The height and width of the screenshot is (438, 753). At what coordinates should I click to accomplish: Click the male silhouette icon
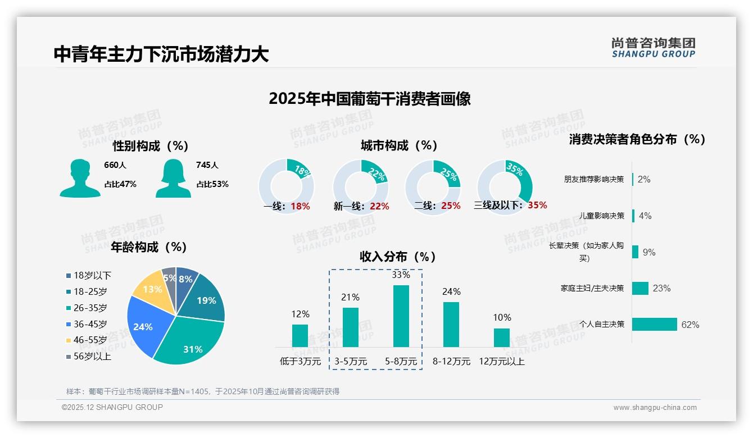(x=80, y=178)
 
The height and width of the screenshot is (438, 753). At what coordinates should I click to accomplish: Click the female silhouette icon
(x=173, y=178)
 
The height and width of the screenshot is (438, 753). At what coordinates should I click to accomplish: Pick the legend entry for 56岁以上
(x=89, y=357)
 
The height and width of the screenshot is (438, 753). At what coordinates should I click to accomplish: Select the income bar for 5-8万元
(x=401, y=316)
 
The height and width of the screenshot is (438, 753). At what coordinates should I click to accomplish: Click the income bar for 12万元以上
(x=502, y=337)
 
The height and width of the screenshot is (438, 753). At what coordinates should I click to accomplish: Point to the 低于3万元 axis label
(x=300, y=362)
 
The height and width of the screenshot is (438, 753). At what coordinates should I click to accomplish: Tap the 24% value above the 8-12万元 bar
(x=451, y=291)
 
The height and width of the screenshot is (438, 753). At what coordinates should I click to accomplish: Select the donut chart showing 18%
(x=286, y=186)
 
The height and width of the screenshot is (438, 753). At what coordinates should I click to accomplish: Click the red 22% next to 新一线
(x=379, y=207)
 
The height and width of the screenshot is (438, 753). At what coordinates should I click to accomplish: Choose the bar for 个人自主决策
(x=655, y=325)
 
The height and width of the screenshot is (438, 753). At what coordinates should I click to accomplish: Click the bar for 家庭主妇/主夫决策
(x=641, y=288)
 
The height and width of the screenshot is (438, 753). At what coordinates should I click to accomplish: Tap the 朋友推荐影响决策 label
(x=594, y=179)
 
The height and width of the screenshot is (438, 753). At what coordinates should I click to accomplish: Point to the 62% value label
(x=690, y=325)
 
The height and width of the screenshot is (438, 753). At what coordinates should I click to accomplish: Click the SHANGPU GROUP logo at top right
(x=653, y=48)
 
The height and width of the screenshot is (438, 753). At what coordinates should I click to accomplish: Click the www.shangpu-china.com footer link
(x=655, y=408)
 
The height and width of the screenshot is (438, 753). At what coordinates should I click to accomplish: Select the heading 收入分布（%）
(x=398, y=257)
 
